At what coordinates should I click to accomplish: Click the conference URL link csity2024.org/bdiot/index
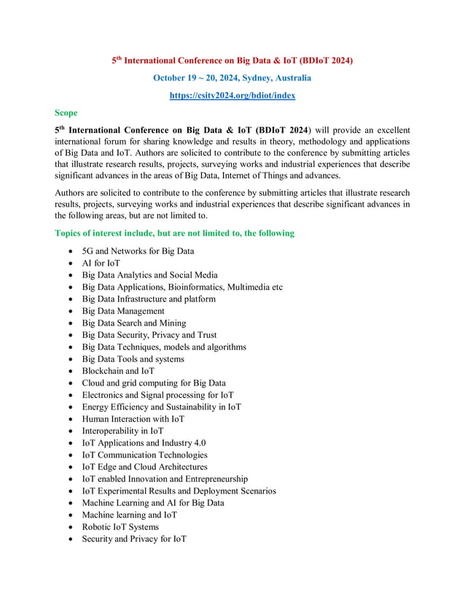click(232, 95)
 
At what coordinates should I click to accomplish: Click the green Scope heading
click(66, 113)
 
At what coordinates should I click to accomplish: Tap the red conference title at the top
click(232, 61)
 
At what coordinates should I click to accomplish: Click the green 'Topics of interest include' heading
click(174, 233)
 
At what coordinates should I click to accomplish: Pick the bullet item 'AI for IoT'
click(101, 263)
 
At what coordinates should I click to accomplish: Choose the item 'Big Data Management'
click(123, 311)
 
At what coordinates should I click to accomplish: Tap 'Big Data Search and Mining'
click(134, 323)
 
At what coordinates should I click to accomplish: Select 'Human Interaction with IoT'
click(133, 419)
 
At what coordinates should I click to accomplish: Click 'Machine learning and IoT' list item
click(130, 515)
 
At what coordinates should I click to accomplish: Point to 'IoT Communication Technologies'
click(144, 455)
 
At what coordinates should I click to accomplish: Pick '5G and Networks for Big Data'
click(138, 251)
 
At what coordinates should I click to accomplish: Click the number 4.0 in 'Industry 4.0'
click(198, 443)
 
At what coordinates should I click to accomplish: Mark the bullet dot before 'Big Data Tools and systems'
click(69, 359)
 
